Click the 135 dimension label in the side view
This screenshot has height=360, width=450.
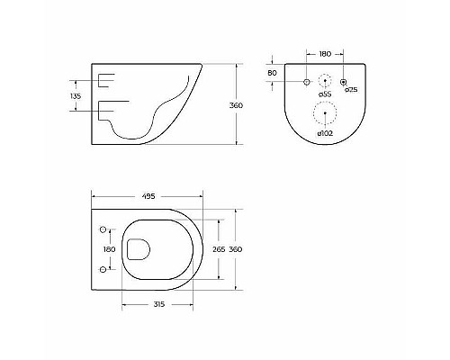pyautogui.click(x=76, y=96)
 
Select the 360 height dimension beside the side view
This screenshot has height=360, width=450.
pyautogui.click(x=236, y=105)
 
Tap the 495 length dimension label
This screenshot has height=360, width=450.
pyautogui.click(x=148, y=196)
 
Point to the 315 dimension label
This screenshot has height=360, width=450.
pyautogui.click(x=159, y=304)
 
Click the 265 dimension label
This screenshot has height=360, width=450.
pyautogui.click(x=219, y=249)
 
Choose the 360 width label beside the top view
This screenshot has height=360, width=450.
pyautogui.click(x=236, y=249)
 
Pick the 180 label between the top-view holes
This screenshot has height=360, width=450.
pyautogui.click(x=109, y=249)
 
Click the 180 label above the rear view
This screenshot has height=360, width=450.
pyautogui.click(x=325, y=54)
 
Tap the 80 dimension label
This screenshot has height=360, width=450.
pyautogui.click(x=272, y=73)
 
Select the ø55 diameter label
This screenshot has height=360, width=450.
pyautogui.click(x=325, y=94)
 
